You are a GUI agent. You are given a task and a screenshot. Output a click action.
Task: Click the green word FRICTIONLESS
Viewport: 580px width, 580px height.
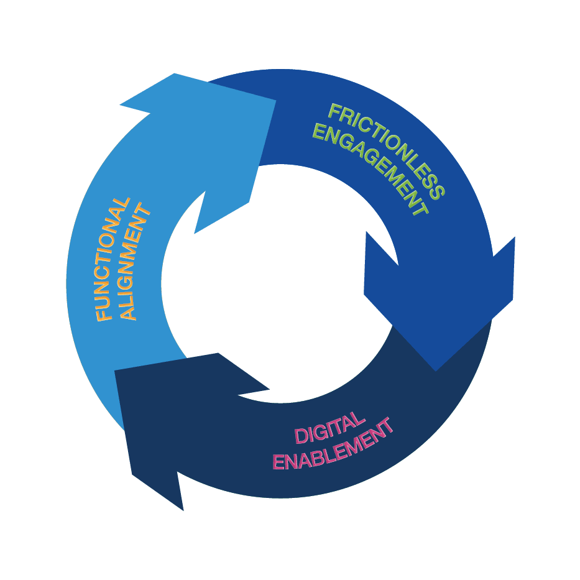tap(387, 151)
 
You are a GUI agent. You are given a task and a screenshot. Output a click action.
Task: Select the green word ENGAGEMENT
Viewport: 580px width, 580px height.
tap(371, 168)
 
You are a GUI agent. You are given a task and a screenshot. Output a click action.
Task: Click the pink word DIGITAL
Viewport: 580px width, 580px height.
tap(329, 428)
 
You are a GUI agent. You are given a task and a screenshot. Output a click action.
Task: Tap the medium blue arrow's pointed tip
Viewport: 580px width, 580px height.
tap(436, 371)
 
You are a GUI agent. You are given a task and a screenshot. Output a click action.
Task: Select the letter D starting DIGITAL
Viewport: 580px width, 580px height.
tap(301, 436)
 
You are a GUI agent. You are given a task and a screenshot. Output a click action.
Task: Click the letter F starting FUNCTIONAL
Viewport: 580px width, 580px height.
tap(104, 315)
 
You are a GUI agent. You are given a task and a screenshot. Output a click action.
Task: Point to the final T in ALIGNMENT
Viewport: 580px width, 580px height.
tap(142, 211)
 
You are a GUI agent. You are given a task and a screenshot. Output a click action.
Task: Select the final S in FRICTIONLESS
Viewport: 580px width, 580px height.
tap(439, 191)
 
